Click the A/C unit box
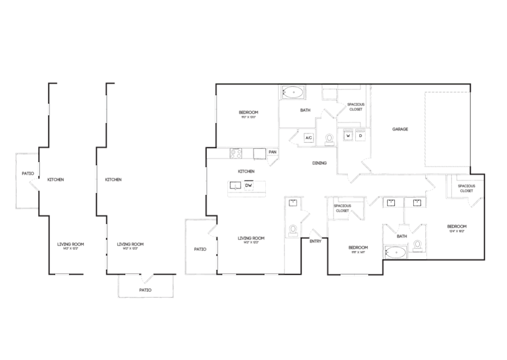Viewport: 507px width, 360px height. pos(308,137)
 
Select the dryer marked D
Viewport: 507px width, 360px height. pos(360,136)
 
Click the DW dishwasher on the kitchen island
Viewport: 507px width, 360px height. pos(248,186)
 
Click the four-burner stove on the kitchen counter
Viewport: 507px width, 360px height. pos(236,152)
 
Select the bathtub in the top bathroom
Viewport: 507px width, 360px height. pos(293,93)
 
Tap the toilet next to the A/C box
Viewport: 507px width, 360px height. pos(330,138)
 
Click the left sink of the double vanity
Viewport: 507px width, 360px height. pos(391,203)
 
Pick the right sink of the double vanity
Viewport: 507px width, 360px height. pos(417,203)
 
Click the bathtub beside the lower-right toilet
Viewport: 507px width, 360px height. pos(395,251)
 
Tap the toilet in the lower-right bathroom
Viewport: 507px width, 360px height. pos(417,246)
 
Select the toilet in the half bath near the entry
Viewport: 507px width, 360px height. pos(293,231)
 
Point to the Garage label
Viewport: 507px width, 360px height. pos(400,129)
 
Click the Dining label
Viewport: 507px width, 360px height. pos(319,163)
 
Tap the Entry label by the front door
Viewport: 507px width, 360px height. pos(315,241)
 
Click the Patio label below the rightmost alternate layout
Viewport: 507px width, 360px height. pos(146,290)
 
